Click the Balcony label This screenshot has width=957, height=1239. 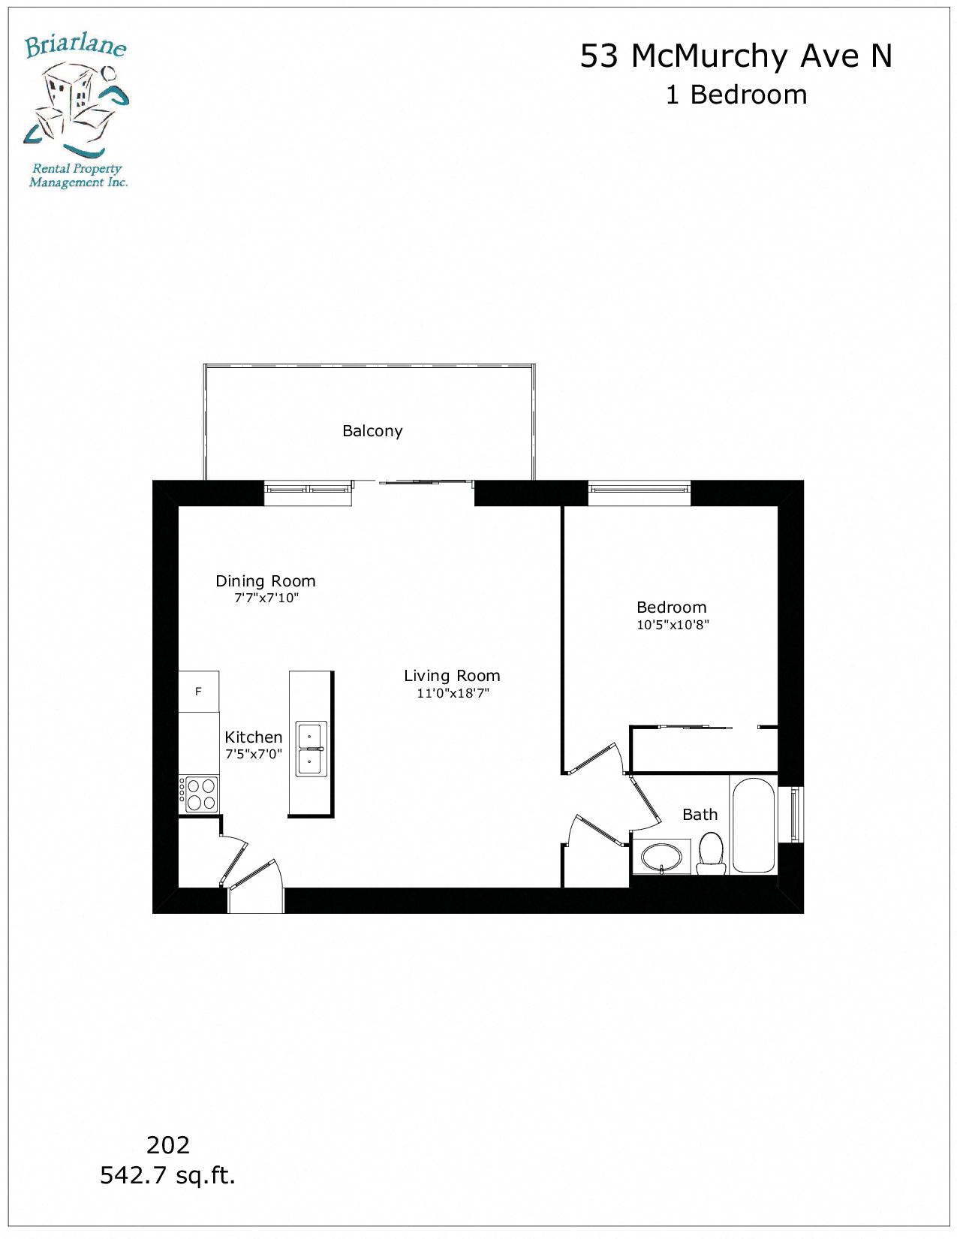click(x=372, y=431)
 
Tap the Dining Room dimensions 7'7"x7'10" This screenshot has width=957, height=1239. click(x=266, y=598)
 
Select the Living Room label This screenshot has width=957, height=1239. click(x=452, y=676)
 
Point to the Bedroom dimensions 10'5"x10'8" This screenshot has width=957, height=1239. click(x=673, y=625)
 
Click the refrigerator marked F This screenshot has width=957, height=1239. click(x=199, y=692)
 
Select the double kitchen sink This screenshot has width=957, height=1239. click(x=311, y=749)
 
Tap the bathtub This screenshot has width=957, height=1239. click(x=753, y=824)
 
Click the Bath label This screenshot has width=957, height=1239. click(x=700, y=815)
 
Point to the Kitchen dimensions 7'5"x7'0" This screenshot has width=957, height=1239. click(x=254, y=755)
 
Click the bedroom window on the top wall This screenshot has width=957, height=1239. click(x=639, y=489)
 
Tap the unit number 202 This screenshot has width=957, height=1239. click(x=168, y=1145)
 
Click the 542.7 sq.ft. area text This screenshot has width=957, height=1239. click(x=168, y=1175)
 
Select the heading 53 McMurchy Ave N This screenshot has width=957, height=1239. click(x=736, y=56)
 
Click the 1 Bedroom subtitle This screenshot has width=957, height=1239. click(x=736, y=95)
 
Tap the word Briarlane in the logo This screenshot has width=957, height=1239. click(x=75, y=47)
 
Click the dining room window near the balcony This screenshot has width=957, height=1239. click(x=308, y=490)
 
